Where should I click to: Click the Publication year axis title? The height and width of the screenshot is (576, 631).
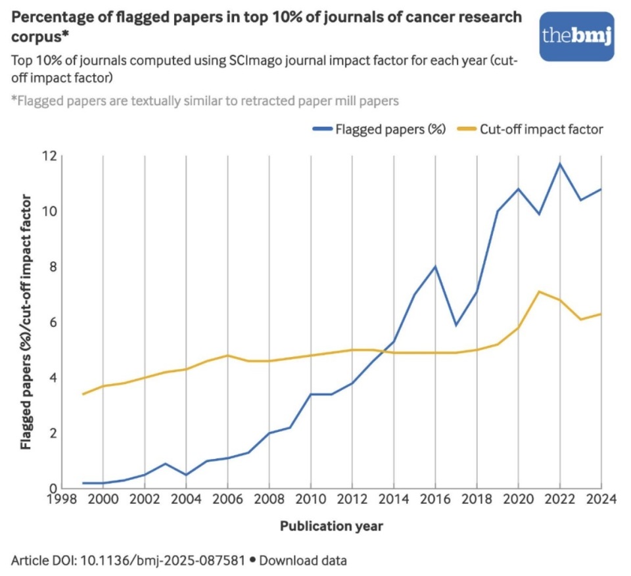331,526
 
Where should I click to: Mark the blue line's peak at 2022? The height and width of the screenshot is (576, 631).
559,164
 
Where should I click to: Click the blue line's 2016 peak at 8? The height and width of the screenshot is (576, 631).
434,266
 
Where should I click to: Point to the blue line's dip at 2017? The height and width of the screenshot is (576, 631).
456,325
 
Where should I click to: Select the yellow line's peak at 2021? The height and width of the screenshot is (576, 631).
539,291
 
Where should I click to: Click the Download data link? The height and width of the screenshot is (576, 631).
303,561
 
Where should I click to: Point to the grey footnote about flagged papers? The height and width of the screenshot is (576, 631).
204,101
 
